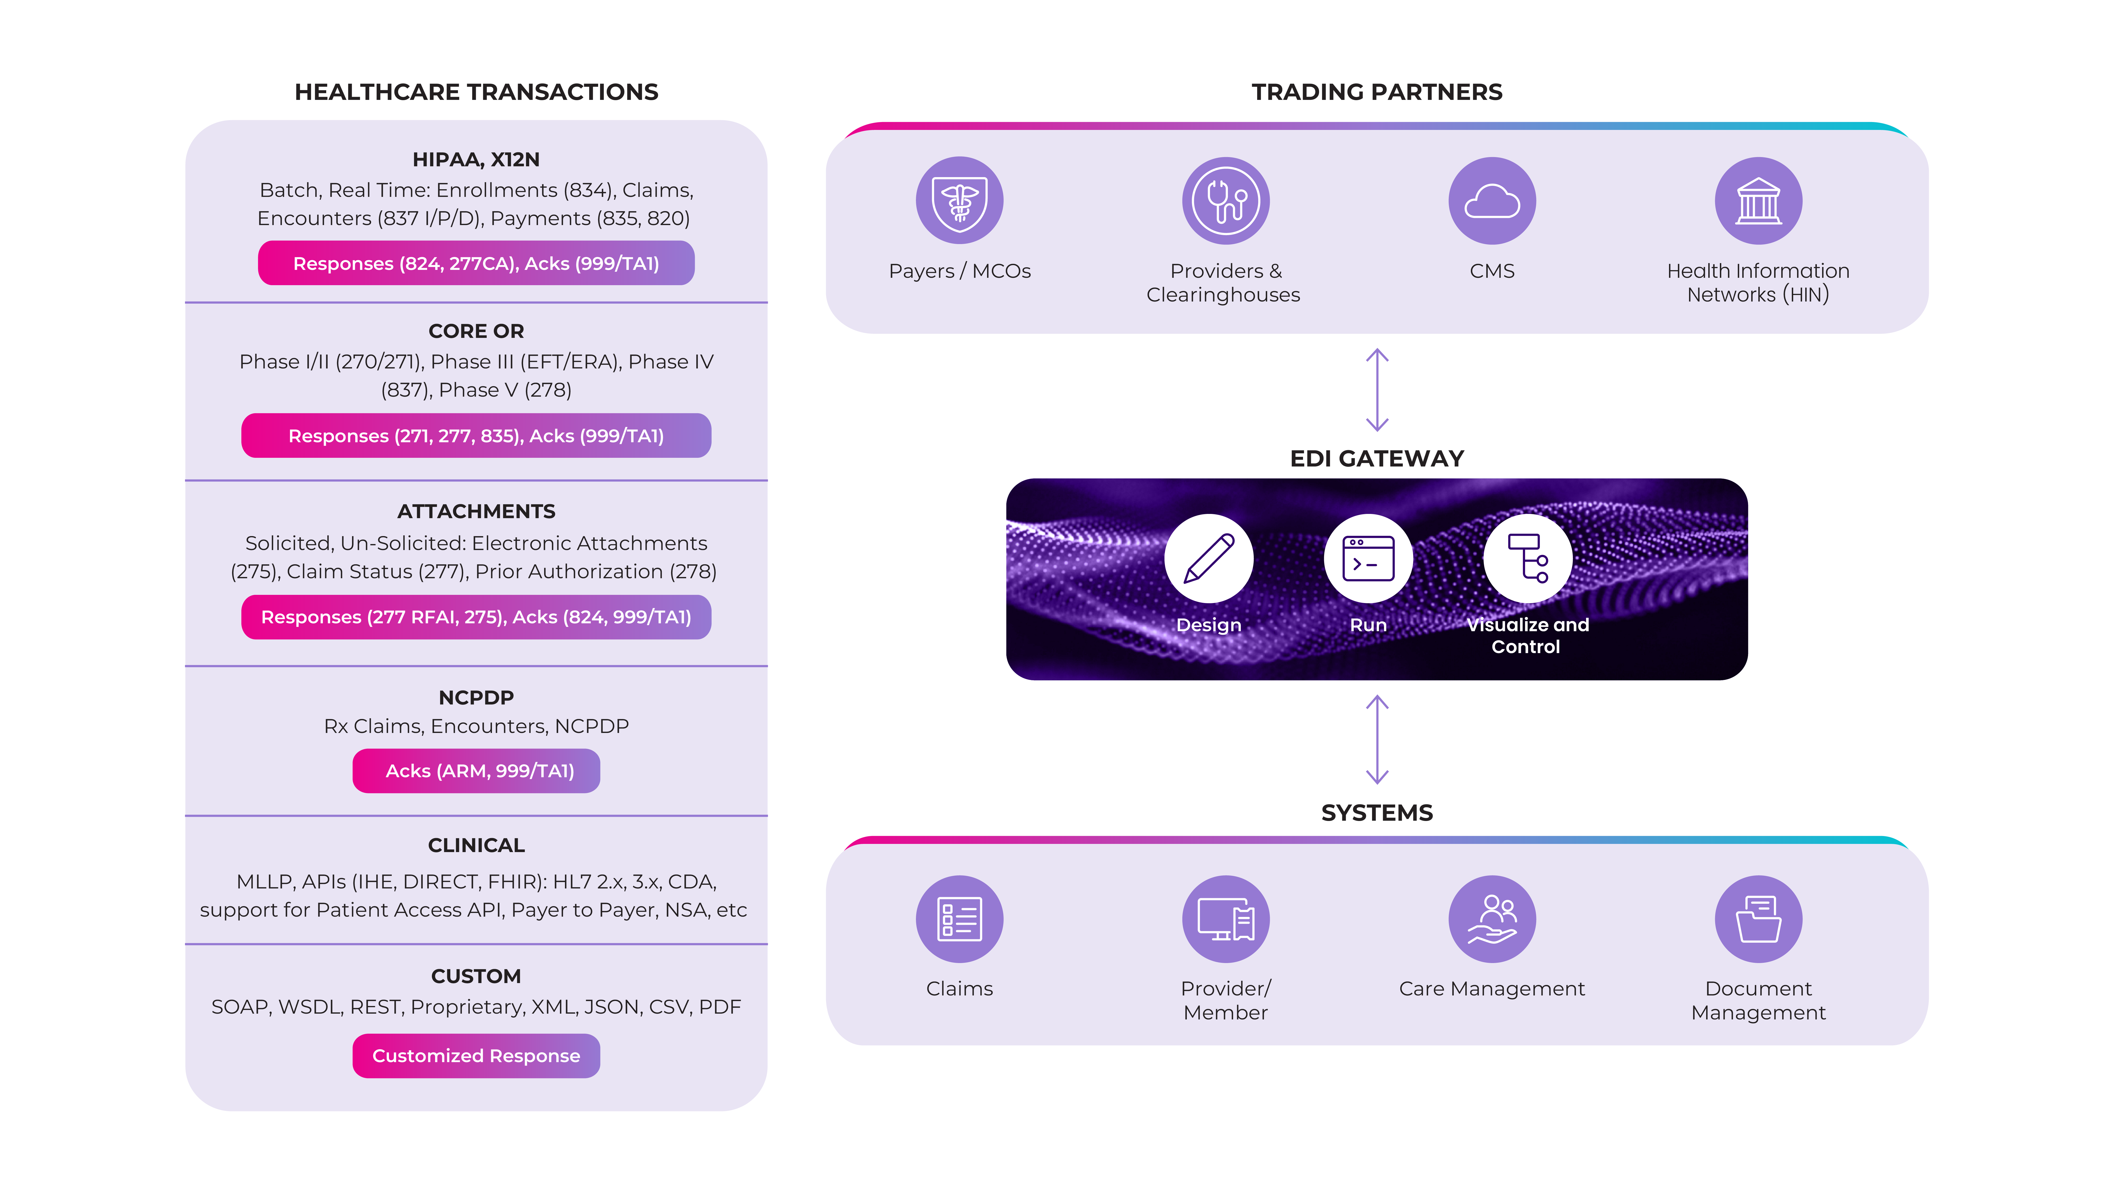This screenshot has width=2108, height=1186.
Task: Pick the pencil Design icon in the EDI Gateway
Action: (x=1209, y=558)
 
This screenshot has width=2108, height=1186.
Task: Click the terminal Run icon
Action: (x=1368, y=558)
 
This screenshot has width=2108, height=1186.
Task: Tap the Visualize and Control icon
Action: (x=1527, y=558)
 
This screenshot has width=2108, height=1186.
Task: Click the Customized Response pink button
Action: (x=476, y=1056)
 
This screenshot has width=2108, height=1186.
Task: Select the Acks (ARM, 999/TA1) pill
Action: (x=476, y=771)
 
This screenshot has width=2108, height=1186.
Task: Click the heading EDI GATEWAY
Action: (x=1377, y=458)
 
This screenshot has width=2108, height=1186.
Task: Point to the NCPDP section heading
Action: (x=476, y=697)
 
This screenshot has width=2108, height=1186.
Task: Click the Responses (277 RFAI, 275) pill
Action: (x=476, y=617)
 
